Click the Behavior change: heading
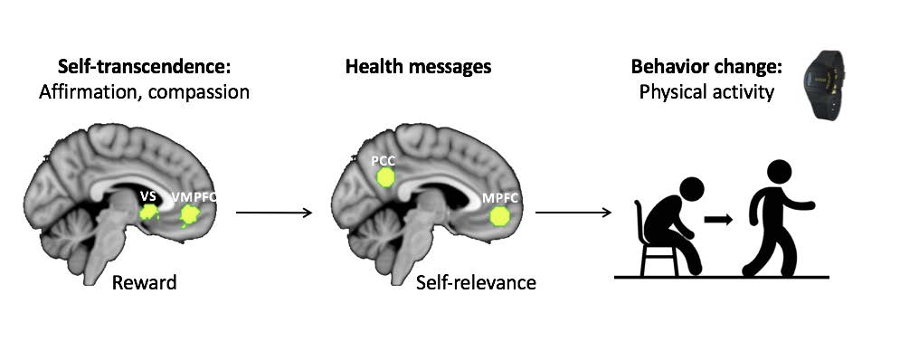pyautogui.click(x=700, y=67)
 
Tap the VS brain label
pyautogui.click(x=147, y=195)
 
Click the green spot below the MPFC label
pyautogui.click(x=500, y=216)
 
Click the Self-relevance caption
pyautogui.click(x=476, y=283)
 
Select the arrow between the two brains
pyautogui.click(x=273, y=213)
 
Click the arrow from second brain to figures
pyautogui.click(x=573, y=213)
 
